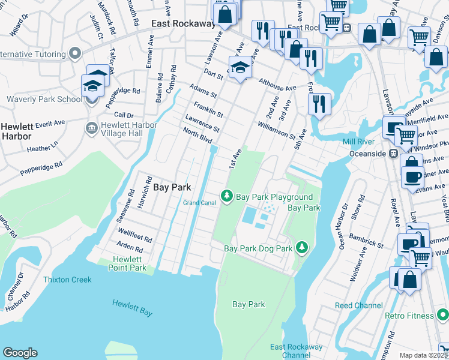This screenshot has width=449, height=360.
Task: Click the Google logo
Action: [x=20, y=353]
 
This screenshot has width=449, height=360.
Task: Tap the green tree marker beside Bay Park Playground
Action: [x=227, y=196]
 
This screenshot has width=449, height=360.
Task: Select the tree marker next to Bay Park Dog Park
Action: [x=302, y=247]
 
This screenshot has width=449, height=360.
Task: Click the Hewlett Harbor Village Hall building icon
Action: [x=91, y=128]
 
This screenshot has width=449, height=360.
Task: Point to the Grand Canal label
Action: [x=199, y=202]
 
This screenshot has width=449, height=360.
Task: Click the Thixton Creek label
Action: [x=67, y=280]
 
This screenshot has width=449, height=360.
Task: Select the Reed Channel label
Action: [x=359, y=305]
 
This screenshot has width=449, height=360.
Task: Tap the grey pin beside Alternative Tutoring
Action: [x=75, y=55]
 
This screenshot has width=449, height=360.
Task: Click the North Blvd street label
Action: [x=197, y=136]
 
